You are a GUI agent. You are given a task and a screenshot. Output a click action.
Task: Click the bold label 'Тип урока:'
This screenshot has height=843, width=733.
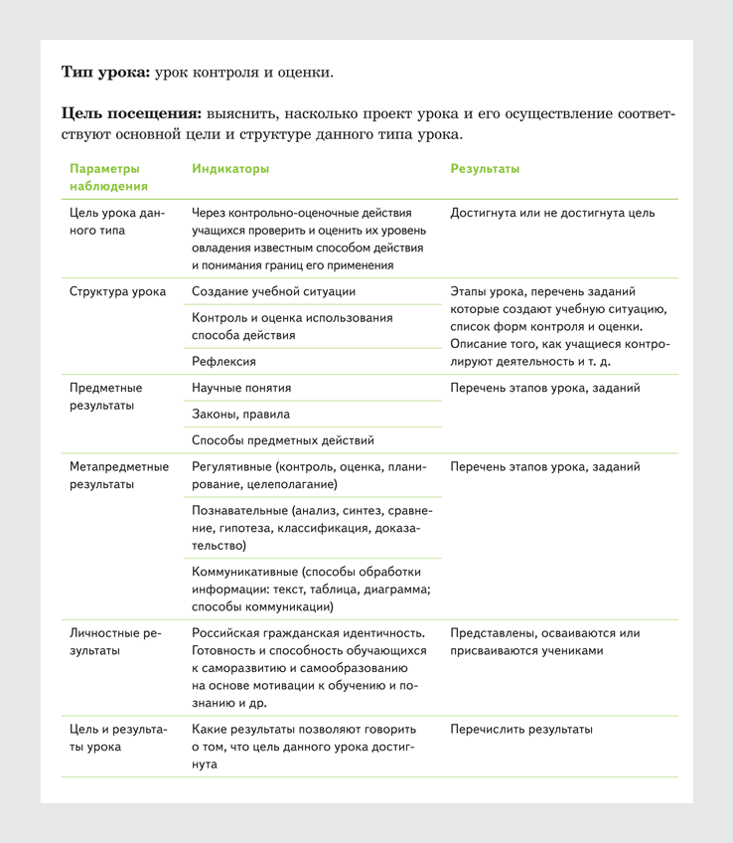coord(106,73)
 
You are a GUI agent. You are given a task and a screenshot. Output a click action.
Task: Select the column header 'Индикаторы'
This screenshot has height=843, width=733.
coord(230,169)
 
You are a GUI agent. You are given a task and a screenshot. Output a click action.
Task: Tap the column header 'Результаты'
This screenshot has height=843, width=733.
coord(485,169)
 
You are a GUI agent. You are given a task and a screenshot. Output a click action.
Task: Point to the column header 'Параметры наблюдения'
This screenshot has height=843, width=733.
coord(108,177)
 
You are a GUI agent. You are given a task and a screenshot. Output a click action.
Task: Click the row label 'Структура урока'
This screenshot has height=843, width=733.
coord(117,292)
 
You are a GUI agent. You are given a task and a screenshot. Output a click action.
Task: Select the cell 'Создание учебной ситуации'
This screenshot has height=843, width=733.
coord(273,292)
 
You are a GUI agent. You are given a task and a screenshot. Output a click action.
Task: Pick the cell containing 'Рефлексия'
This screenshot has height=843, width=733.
coord(223,362)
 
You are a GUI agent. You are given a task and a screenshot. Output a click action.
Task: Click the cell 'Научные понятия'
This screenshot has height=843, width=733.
coord(241,388)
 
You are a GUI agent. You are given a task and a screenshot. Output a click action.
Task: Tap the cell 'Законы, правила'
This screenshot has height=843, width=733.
coord(239,415)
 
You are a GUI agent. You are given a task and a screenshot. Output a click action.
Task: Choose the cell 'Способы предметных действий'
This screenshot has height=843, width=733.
coord(282,440)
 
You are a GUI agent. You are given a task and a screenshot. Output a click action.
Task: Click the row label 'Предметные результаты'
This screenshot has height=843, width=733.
coord(106,397)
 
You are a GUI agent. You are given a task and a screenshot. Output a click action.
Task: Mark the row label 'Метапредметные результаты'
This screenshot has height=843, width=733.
coord(119,475)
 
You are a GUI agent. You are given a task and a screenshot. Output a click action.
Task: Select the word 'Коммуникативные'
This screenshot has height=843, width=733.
coord(244,573)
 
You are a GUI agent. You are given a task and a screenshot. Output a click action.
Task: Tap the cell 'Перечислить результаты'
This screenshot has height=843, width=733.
coord(521,730)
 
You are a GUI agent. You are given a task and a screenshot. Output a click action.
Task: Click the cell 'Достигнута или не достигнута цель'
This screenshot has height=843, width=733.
coord(552,213)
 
